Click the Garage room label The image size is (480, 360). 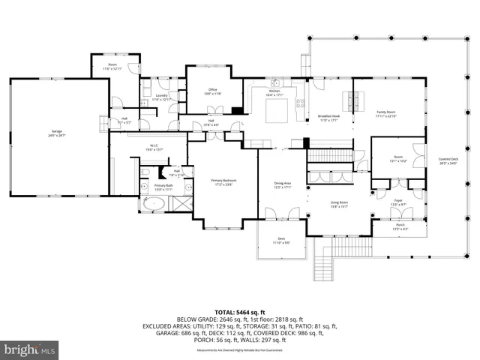tap(56, 133)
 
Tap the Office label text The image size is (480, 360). tap(213, 92)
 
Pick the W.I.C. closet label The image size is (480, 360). tap(154, 148)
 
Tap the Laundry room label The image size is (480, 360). tap(162, 97)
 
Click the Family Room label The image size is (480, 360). tap(385, 114)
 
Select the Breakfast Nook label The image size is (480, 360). tap(329, 118)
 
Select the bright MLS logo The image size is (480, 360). tap(30, 349)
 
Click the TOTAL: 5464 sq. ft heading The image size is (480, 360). tap(240, 311)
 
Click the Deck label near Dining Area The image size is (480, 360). tap(281, 241)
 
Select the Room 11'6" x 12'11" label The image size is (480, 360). tap(112, 67)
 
